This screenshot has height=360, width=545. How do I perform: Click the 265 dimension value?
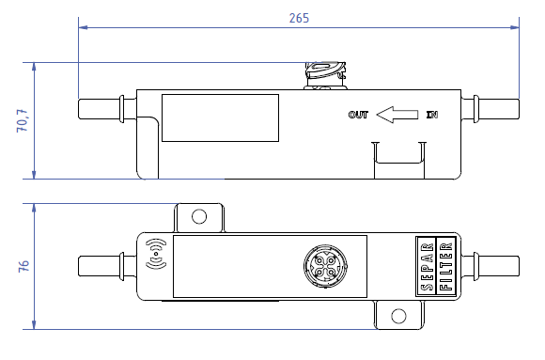(x=299, y=18)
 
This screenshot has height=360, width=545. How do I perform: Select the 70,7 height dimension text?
(x=22, y=120)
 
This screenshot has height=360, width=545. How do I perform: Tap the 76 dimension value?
(x=23, y=266)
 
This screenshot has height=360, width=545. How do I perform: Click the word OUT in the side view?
(x=358, y=115)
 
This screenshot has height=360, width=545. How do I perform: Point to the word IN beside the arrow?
(x=432, y=115)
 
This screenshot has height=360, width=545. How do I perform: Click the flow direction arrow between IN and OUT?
(x=397, y=115)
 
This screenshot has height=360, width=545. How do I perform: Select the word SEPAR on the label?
(x=428, y=267)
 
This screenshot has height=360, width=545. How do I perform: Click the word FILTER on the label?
(x=446, y=267)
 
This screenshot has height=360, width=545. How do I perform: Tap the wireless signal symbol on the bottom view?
(x=156, y=254)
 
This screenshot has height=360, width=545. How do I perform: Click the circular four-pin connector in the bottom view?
(x=325, y=266)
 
